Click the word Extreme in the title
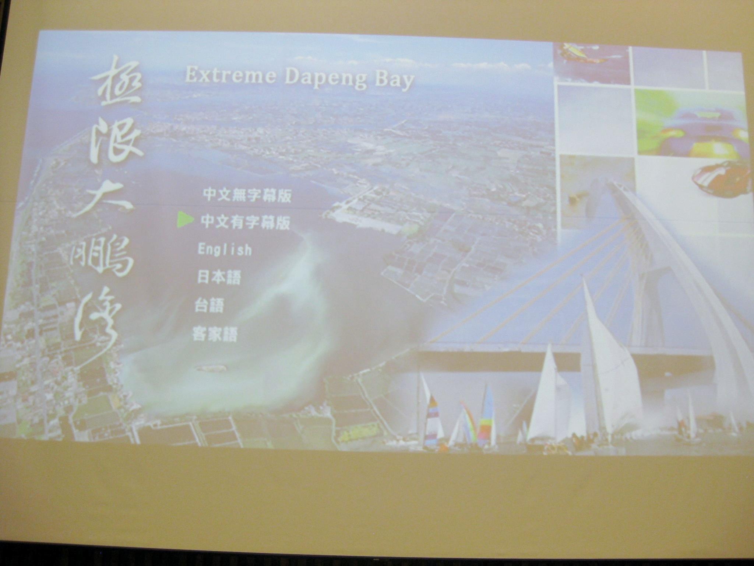point(230,76)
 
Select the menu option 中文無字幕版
point(247,195)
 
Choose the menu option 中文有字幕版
point(245,222)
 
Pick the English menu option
point(225,249)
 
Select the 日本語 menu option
point(219,277)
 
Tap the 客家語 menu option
point(215,335)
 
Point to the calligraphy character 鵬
point(100,258)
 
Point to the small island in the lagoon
point(210,368)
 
